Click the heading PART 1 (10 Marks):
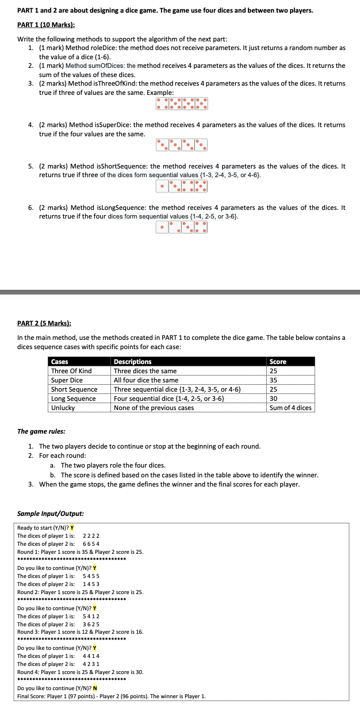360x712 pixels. [x=47, y=25]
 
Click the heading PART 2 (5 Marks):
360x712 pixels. [x=45, y=324]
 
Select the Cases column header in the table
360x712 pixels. [x=60, y=362]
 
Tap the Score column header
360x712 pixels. [x=278, y=362]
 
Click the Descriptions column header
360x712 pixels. [x=133, y=362]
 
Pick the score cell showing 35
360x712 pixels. [x=274, y=380]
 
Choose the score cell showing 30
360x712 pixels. [x=274, y=399]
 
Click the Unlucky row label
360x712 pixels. [x=63, y=408]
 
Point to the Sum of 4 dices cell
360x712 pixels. [x=290, y=408]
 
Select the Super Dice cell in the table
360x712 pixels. [x=67, y=380]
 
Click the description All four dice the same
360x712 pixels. [x=146, y=380]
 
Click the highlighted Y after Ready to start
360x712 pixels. [x=72, y=528]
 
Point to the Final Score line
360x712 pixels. [x=112, y=696]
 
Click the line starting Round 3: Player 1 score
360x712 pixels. [x=81, y=631]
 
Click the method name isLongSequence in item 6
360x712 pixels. [x=117, y=208]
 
